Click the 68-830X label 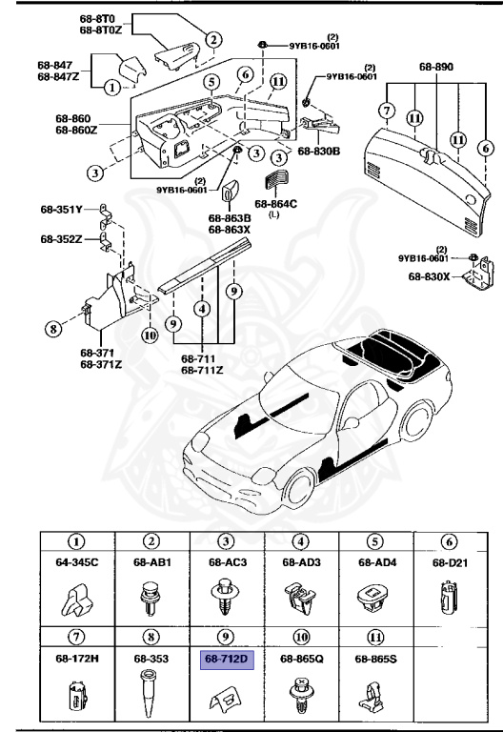pyautogui.click(x=427, y=277)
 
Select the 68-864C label pyautogui.click(x=276, y=203)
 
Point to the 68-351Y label pyautogui.click(x=61, y=209)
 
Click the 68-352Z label pyautogui.click(x=61, y=238)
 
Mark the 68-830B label pyautogui.click(x=319, y=151)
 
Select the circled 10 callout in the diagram pyautogui.click(x=149, y=309)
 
